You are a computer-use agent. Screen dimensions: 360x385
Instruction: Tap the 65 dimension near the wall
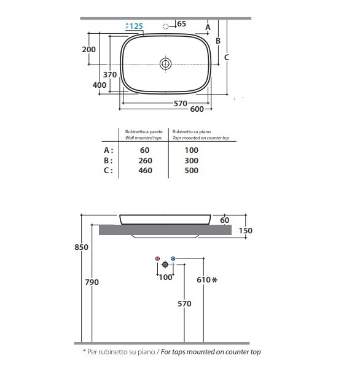(182, 24)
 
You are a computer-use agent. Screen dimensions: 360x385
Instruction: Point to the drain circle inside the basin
(165, 64)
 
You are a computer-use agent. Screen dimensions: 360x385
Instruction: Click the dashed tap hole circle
(166, 26)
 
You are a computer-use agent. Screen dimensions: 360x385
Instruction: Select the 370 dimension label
(110, 75)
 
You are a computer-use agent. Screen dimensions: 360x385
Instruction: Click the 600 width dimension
(197, 109)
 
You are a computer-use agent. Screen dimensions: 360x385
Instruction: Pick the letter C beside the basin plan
(227, 58)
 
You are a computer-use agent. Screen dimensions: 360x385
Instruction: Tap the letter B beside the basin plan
(218, 41)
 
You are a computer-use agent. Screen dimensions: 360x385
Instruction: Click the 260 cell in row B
(145, 161)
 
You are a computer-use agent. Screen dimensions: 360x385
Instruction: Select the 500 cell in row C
(192, 171)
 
